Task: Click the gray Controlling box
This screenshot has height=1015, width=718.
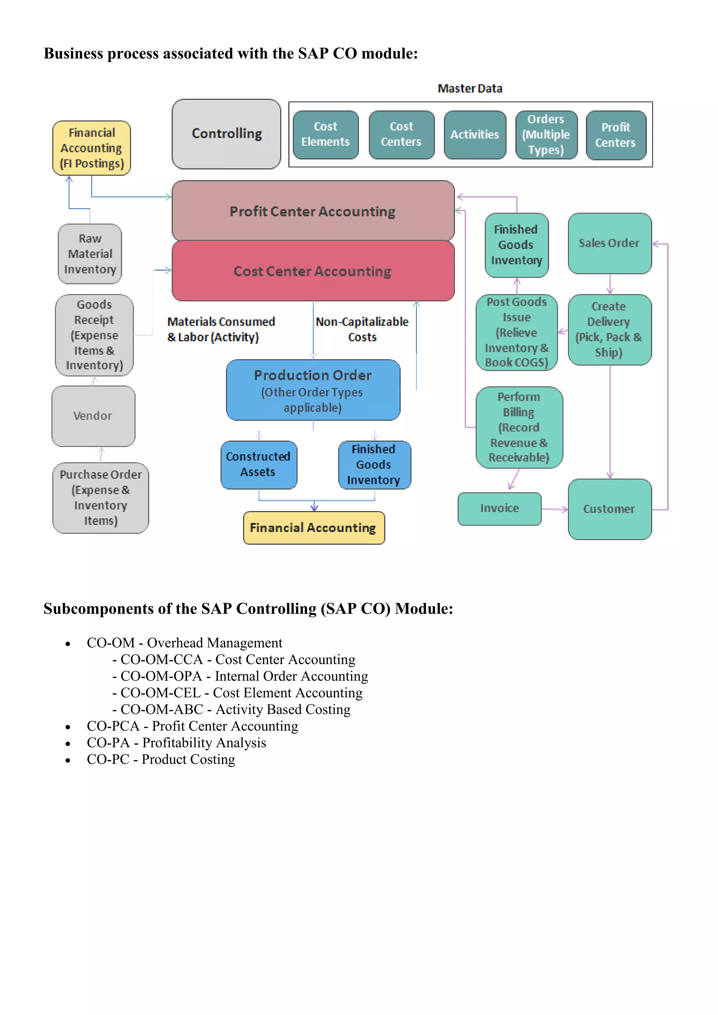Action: coord(226,134)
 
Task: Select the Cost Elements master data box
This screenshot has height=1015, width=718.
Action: coord(325,134)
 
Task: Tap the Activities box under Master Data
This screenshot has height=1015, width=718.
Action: coord(474,134)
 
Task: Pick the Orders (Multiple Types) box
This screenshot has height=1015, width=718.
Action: coord(546,134)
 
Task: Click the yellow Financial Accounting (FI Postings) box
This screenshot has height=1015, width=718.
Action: coord(92,148)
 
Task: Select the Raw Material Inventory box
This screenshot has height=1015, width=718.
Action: coord(90,254)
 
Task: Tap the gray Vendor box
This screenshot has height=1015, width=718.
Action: coord(93,416)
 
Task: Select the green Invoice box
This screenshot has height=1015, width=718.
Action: coord(499,509)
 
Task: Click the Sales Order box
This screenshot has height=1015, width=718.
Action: coord(609,243)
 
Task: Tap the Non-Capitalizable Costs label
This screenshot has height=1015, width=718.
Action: coord(362,329)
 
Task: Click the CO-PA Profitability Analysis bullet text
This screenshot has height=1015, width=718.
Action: coord(176,743)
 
